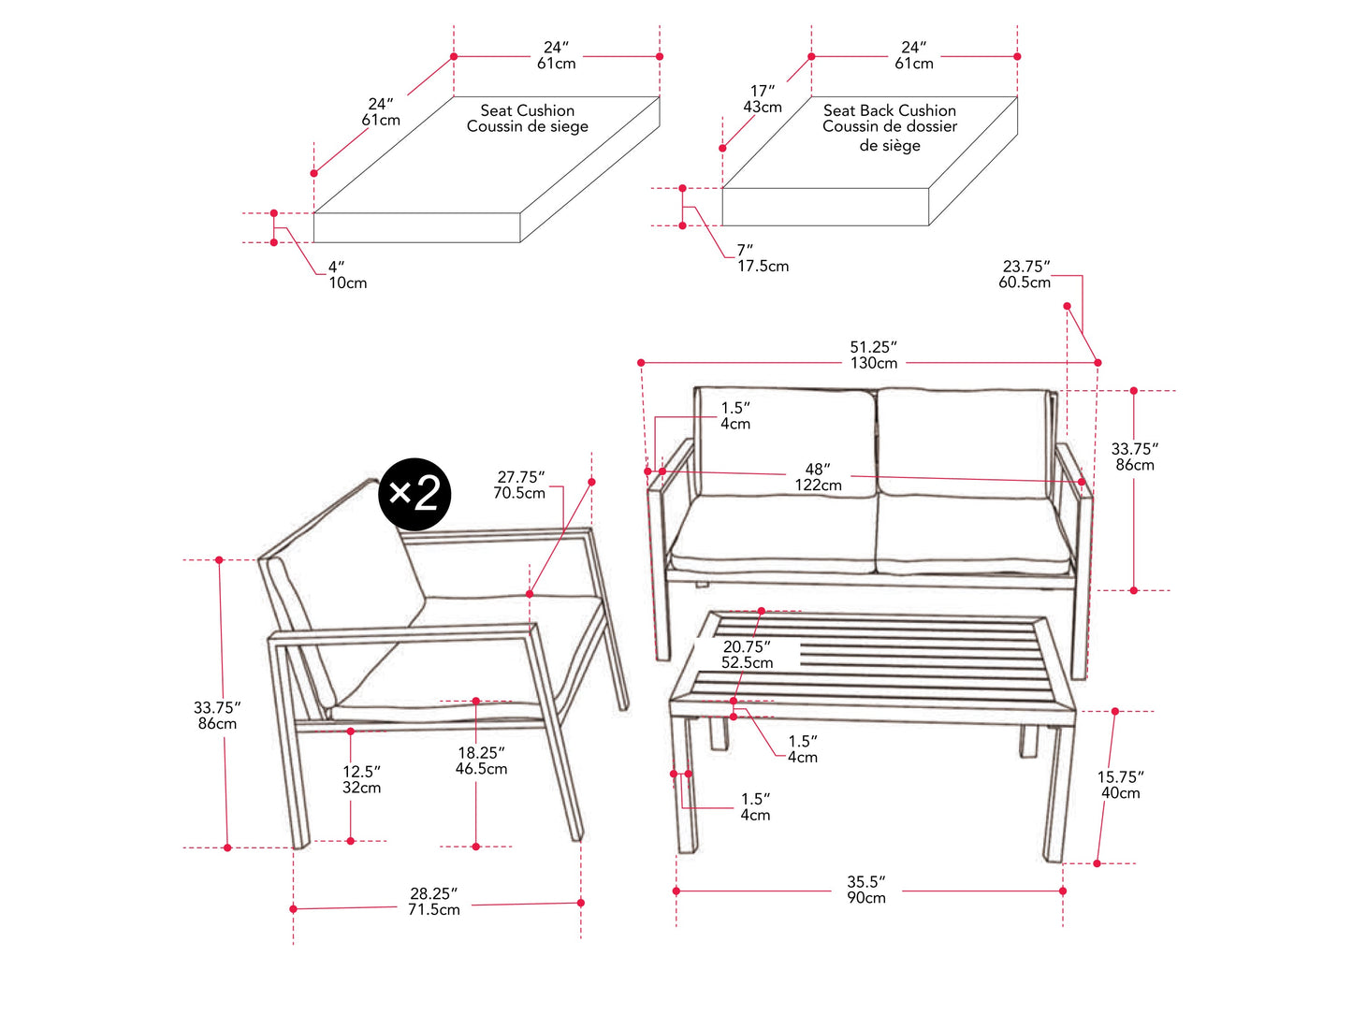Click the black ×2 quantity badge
click(414, 494)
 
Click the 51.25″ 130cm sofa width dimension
click(873, 355)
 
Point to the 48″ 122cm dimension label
click(819, 477)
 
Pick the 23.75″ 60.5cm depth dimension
click(1025, 274)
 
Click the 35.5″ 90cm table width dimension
click(866, 890)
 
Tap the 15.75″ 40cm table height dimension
click(1120, 785)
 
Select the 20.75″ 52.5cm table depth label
click(747, 654)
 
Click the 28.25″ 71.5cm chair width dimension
click(434, 902)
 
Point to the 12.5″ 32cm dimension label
click(361, 779)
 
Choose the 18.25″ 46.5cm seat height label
click(481, 760)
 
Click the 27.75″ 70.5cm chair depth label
click(519, 485)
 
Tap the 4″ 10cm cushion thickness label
click(347, 275)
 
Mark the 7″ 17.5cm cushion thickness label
click(763, 258)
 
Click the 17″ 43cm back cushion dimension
click(763, 99)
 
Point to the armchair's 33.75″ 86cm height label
click(216, 716)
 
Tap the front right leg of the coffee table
click(1055, 795)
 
